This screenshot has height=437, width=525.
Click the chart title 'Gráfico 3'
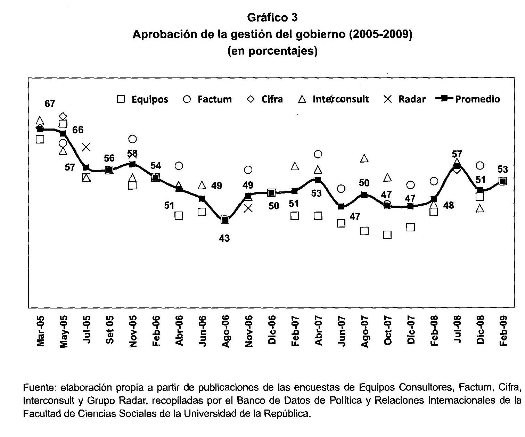coord(272,17)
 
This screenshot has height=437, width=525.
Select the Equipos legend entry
coord(142,99)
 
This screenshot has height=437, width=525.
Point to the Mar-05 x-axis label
coord(41,331)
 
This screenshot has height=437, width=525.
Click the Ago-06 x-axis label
coord(225,331)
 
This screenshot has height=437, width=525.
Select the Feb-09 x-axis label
coord(503,331)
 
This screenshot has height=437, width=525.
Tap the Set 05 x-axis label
coord(110,330)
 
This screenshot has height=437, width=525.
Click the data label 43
coord(224,238)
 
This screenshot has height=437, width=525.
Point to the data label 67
coord(50,104)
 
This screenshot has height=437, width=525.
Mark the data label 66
coord(78,130)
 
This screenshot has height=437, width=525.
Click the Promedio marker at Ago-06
coord(225,220)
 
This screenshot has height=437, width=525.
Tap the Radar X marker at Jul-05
coord(86,147)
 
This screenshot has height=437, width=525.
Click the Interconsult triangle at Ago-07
coord(364,158)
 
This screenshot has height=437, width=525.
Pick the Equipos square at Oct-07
coord(387,235)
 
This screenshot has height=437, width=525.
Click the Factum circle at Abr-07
coord(318,154)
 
